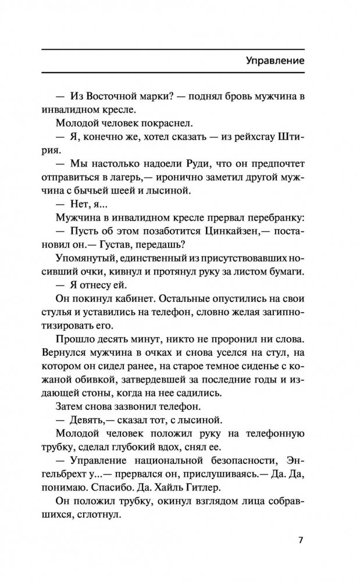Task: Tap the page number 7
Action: [x=300, y=540]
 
